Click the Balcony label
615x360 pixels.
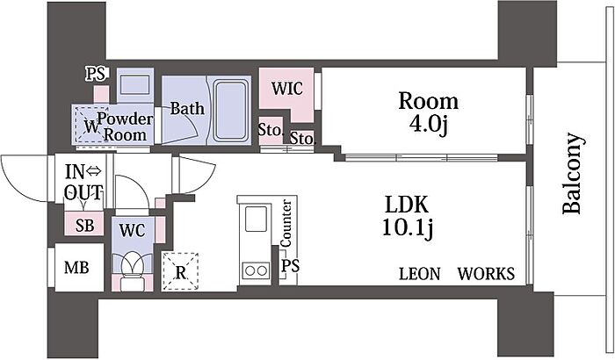(572, 173)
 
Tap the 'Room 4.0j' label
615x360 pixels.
(429, 112)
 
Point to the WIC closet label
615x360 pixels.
(287, 89)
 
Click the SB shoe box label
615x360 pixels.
(84, 225)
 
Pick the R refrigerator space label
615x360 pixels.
(181, 272)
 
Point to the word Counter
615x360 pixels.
(286, 223)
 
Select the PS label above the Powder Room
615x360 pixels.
(95, 74)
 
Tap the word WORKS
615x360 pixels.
(485, 274)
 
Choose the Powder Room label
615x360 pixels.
(126, 126)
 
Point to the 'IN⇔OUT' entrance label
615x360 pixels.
(83, 181)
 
